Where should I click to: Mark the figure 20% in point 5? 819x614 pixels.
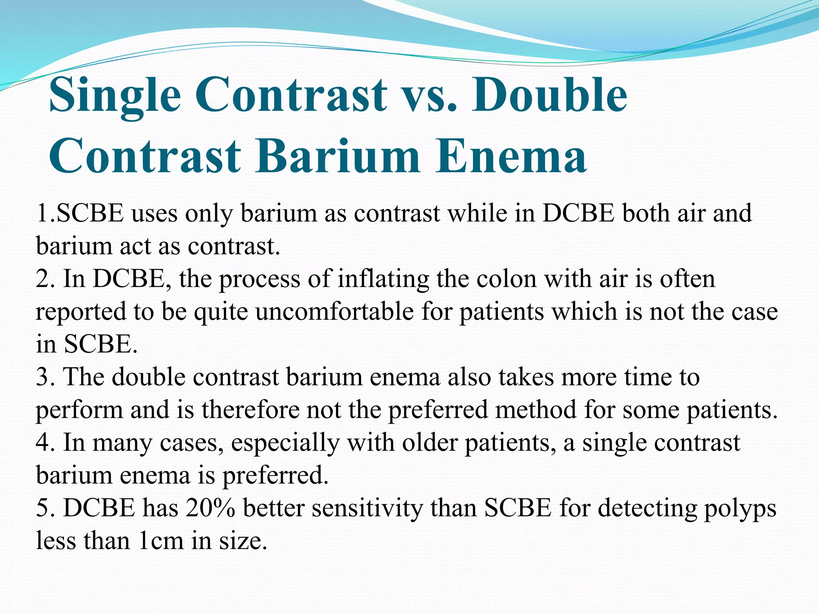tap(210, 508)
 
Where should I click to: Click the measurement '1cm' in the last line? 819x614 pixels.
tap(161, 541)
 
